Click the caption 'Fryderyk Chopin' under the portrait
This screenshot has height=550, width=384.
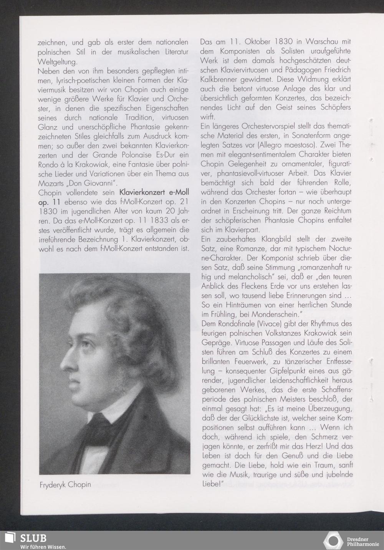[65, 484]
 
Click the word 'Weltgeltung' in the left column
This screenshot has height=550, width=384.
[57, 61]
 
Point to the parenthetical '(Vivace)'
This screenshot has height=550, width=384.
[263, 323]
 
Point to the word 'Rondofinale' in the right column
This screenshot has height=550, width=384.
[235, 323]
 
